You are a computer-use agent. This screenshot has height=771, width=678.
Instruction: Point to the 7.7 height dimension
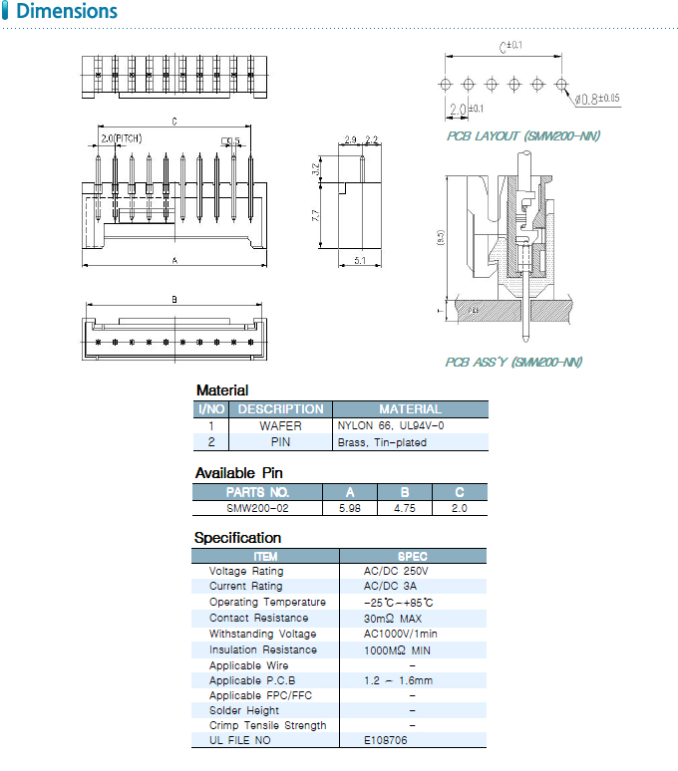coord(316,213)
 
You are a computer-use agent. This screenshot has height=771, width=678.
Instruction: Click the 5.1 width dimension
coord(360,261)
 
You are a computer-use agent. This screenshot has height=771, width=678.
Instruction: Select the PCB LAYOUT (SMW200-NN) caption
coord(522,135)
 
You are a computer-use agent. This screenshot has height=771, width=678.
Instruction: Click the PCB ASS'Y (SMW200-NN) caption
coord(513,362)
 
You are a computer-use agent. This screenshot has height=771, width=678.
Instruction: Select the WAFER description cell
coord(280,425)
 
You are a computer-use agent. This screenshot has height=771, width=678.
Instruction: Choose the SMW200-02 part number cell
coord(257,508)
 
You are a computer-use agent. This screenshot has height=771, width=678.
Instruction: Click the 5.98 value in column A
coord(349,508)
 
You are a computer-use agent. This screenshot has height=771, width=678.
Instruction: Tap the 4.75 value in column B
coord(404,508)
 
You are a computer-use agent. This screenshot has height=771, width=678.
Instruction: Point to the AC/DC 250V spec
coord(396,571)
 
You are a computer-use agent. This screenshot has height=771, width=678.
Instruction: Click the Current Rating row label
coord(245,587)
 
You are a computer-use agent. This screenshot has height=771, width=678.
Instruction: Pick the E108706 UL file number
coord(386,740)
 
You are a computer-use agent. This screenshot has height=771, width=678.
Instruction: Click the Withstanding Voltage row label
coord(262,634)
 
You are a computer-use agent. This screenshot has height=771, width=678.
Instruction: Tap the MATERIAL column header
coord(410,408)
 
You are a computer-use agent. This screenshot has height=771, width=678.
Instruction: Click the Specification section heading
coord(237,538)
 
